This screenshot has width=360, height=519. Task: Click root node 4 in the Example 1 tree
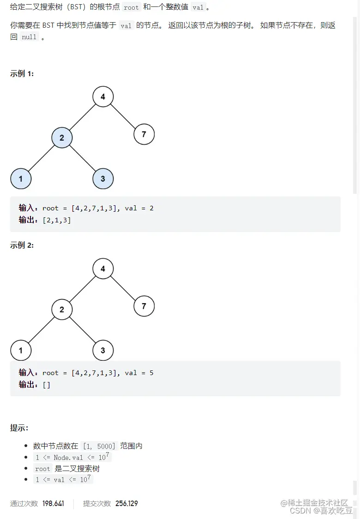103,97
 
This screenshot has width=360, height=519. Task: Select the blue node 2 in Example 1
62,137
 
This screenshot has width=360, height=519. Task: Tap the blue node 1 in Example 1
21,179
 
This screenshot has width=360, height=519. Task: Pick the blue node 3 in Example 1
103,179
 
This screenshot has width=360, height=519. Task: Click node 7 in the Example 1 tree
144,134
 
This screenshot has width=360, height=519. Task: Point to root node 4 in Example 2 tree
103,268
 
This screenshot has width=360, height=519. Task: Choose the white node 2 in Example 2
62,310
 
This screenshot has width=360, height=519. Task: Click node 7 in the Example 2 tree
144,306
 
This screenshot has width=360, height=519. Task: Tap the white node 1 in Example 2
21,351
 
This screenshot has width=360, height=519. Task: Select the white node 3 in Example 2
103,351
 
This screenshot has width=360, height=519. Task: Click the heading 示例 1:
22,74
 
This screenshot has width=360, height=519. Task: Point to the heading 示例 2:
22,245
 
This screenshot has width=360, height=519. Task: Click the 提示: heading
19,428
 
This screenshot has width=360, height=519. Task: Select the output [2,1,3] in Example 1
57,220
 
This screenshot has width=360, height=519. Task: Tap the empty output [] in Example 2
47,385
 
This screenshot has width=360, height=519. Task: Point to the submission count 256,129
126,503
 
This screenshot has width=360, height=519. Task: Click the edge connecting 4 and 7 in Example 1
124,116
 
